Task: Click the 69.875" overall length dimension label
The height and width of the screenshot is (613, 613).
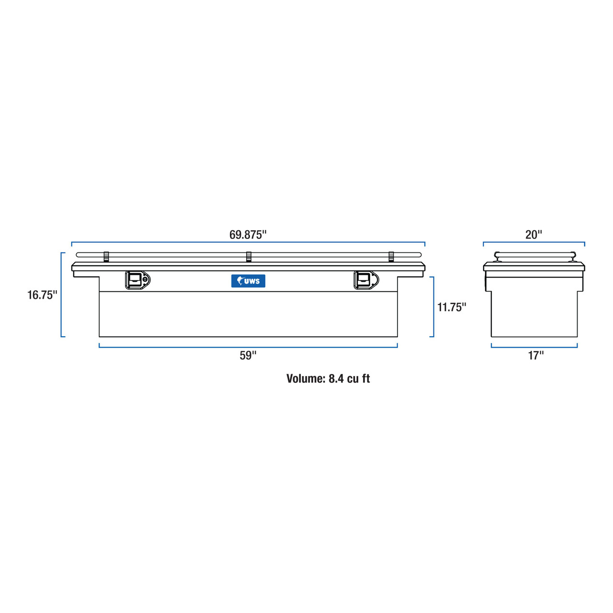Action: (x=248, y=235)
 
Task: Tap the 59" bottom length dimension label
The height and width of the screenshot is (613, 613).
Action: (x=248, y=356)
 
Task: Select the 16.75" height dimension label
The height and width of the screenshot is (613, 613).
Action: (x=42, y=295)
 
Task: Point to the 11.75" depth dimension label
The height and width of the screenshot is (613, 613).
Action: (x=452, y=307)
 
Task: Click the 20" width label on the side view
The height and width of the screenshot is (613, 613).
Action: (x=534, y=235)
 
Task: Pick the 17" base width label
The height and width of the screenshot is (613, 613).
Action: (x=535, y=356)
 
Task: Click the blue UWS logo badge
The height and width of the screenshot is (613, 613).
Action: (x=248, y=281)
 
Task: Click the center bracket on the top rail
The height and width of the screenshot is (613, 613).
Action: (x=249, y=257)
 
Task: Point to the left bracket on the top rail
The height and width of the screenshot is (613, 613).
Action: (x=106, y=257)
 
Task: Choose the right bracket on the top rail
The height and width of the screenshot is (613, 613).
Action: (x=391, y=257)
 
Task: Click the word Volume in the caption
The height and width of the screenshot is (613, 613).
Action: (x=306, y=379)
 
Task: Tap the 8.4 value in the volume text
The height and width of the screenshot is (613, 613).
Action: (x=336, y=379)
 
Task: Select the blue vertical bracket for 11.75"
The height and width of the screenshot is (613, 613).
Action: (x=433, y=306)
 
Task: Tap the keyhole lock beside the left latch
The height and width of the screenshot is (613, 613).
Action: (x=145, y=279)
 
